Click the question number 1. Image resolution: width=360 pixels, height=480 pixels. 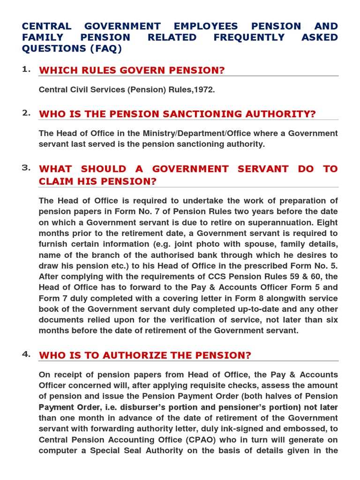[x=26, y=69]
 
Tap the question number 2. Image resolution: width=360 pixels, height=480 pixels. [x=26, y=112]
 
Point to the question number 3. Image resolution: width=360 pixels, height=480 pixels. [x=26, y=168]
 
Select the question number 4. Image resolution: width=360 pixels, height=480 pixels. [x=26, y=354]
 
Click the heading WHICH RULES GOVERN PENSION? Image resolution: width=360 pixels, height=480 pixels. [x=132, y=70]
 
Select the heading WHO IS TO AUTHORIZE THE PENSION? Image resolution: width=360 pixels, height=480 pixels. [x=145, y=355]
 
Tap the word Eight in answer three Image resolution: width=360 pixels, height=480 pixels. [x=327, y=222]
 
